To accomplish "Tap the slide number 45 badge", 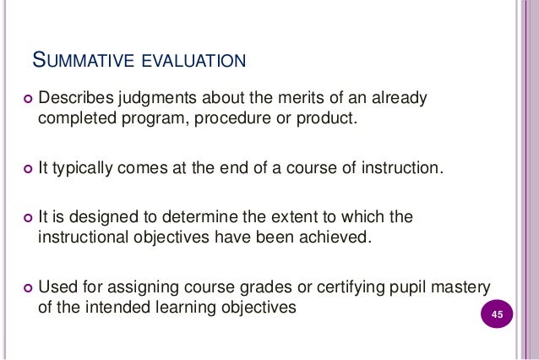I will tap(497, 316).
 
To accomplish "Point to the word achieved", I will tap(335, 234).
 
